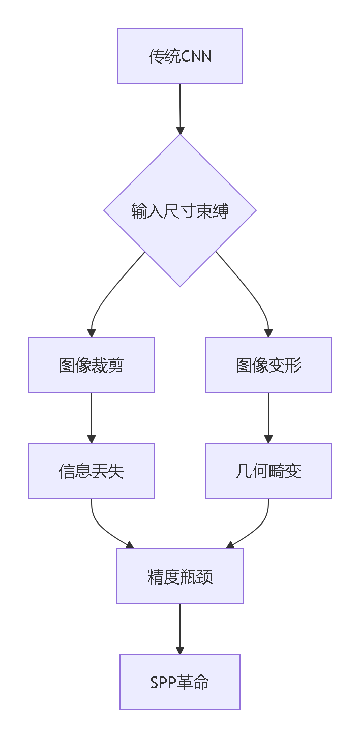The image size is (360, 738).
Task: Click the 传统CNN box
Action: click(179, 56)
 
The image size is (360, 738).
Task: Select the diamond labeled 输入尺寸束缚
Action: click(179, 210)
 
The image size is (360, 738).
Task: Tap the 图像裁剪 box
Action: click(92, 365)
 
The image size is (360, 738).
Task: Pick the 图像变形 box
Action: click(268, 365)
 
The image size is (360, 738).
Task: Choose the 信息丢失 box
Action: click(92, 471)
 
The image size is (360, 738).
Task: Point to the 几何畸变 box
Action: click(268, 471)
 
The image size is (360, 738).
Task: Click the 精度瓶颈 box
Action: click(179, 576)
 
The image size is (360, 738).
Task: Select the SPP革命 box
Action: click(179, 682)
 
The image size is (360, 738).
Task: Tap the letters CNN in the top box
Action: click(196, 56)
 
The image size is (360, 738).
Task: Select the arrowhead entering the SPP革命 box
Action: click(179, 651)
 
